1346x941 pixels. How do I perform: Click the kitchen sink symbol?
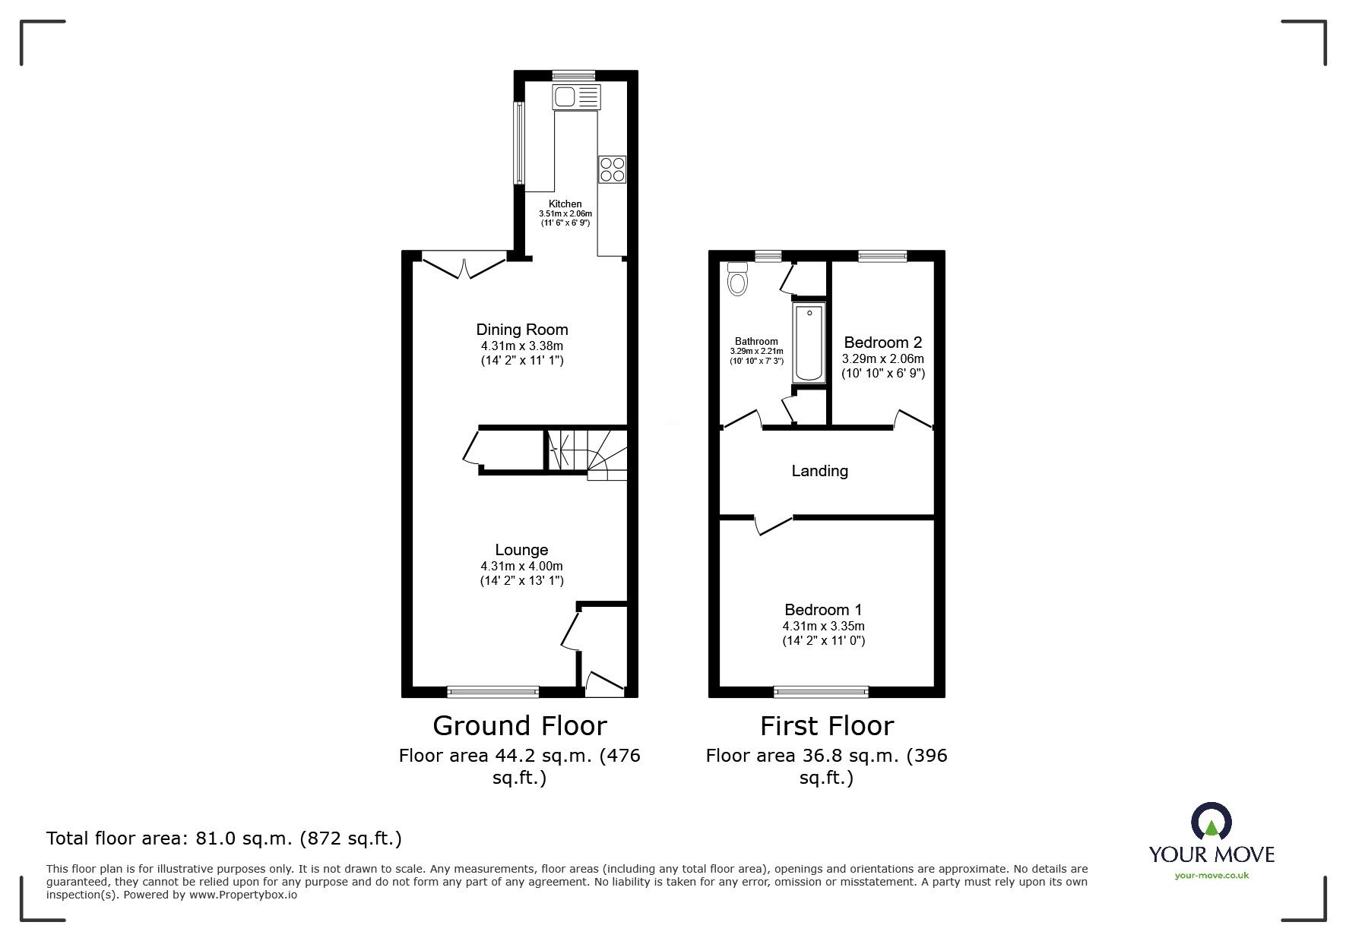(x=576, y=96)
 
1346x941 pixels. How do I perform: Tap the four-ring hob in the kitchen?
(x=612, y=169)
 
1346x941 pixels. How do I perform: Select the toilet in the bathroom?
(x=737, y=280)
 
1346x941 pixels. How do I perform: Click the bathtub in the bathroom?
(x=808, y=343)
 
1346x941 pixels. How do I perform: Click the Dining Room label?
(x=521, y=330)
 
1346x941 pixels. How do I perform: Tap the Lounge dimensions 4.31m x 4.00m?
(x=521, y=567)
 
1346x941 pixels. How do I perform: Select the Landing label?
(x=819, y=471)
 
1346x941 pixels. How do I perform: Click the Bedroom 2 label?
(x=882, y=343)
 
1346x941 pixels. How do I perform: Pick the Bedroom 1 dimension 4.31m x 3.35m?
(x=823, y=627)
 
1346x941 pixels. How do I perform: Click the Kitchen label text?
(x=565, y=204)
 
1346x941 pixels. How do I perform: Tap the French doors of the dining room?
(x=464, y=265)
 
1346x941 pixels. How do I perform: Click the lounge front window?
(x=492, y=691)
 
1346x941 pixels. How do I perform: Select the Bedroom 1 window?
(x=821, y=691)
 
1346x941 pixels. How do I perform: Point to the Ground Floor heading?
(x=519, y=726)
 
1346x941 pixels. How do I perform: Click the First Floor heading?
(x=826, y=726)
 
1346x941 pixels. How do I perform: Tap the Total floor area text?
(x=223, y=838)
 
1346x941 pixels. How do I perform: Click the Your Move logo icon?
(x=1210, y=823)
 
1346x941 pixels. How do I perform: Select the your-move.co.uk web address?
(x=1211, y=876)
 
